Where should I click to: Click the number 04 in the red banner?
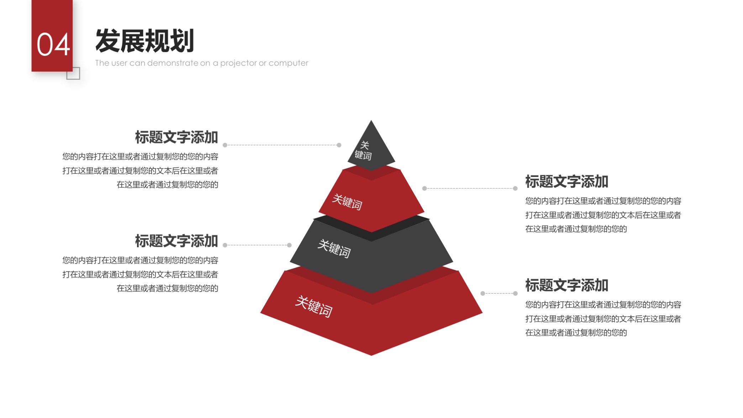pos(53,45)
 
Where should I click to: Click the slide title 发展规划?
pos(144,41)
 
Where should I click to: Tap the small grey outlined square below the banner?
pos(73,74)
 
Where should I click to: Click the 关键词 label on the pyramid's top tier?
pos(363,151)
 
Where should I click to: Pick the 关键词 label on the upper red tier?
pos(347,202)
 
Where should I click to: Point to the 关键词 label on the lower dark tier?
pos(334,248)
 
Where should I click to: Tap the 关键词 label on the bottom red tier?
pos(314,306)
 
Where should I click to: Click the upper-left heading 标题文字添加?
pos(176,137)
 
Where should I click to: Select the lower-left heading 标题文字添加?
pos(176,241)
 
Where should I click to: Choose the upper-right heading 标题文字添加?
pos(567,182)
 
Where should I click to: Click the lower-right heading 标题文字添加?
pos(567,285)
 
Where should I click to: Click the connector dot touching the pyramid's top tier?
pos(339,145)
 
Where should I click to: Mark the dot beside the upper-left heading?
pos(225,145)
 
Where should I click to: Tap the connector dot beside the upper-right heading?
pos(515,188)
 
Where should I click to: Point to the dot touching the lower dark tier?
pos(289,245)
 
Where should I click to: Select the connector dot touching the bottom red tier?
pos(483,293)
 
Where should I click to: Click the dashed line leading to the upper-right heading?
pos(470,188)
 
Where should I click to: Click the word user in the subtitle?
pos(119,63)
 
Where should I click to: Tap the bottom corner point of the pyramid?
pos(371,355)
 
